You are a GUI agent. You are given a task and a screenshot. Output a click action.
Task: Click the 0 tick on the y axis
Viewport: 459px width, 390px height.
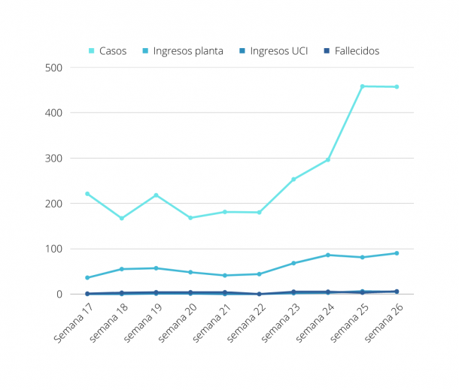(x=58, y=294)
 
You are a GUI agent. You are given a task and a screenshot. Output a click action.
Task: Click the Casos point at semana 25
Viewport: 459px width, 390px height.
(x=362, y=86)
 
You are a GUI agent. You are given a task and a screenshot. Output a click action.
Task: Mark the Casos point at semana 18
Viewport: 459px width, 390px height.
(x=122, y=218)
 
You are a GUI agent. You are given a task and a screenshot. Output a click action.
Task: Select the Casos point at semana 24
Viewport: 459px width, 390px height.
(x=328, y=159)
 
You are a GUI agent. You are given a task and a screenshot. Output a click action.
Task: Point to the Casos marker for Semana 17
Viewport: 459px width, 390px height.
(x=87, y=194)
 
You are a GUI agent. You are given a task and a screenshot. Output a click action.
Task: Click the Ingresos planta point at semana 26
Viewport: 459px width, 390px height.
(x=397, y=253)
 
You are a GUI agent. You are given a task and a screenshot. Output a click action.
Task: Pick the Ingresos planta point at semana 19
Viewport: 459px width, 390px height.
(x=156, y=268)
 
